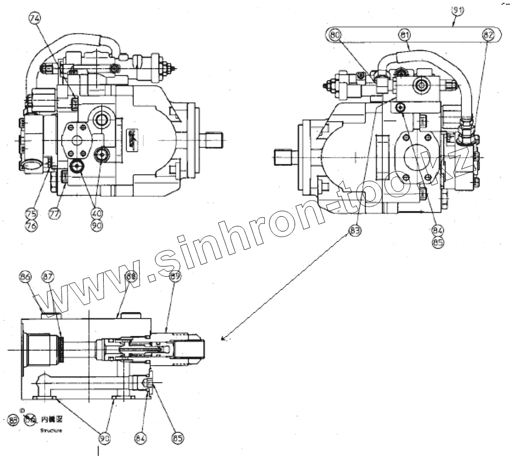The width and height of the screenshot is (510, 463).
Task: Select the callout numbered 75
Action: tap(31, 214)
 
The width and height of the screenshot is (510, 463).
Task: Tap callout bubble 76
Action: tap(31, 225)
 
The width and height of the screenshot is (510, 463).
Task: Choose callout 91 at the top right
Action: tap(458, 10)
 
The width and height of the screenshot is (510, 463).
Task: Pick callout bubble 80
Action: tap(335, 35)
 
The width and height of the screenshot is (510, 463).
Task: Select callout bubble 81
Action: tap(405, 35)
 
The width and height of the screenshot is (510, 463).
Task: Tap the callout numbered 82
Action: tap(488, 35)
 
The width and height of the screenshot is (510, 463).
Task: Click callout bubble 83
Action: tap(354, 231)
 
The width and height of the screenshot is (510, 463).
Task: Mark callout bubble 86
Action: tap(25, 277)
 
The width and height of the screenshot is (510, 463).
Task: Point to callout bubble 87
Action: tap(48, 277)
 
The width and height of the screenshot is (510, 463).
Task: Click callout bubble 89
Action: tap(176, 277)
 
